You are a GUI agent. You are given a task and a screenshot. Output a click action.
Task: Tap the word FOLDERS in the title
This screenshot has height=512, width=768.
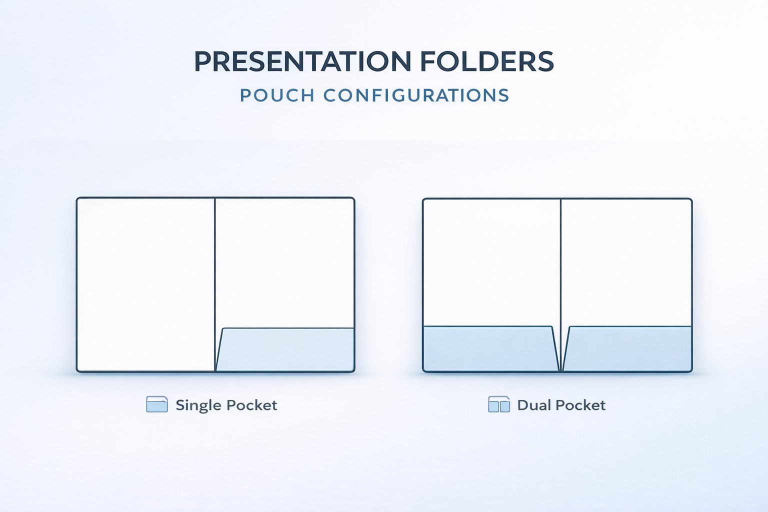pyautogui.click(x=487, y=61)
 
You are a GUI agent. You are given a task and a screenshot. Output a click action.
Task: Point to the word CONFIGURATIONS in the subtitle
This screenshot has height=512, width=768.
pyautogui.click(x=416, y=95)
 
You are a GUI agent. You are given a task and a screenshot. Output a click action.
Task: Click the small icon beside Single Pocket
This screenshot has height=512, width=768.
pyautogui.click(x=157, y=404)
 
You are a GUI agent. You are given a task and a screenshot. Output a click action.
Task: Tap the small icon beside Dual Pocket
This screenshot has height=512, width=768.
pyautogui.click(x=499, y=404)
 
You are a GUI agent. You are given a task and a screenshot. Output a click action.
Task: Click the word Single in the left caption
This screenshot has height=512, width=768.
pyautogui.click(x=198, y=406)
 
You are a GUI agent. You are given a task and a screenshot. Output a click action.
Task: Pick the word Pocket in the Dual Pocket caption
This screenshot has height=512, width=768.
pyautogui.click(x=580, y=405)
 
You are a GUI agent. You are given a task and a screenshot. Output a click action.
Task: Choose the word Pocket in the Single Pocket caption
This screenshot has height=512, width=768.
pyautogui.click(x=251, y=405)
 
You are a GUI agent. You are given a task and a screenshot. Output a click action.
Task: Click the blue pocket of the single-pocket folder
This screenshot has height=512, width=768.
pyautogui.click(x=285, y=349)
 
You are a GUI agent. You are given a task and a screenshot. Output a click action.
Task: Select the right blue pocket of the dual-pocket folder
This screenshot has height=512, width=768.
pyautogui.click(x=627, y=349)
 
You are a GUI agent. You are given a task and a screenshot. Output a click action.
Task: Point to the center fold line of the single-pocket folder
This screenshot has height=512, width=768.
pyautogui.click(x=215, y=284)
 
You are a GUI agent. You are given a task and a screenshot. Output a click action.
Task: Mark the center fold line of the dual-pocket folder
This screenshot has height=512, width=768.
pyautogui.click(x=561, y=284)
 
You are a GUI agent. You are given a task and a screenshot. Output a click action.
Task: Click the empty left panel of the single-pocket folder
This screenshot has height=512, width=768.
pyautogui.click(x=145, y=284)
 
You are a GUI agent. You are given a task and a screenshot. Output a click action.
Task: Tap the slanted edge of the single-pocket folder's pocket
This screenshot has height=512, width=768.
pyautogui.click(x=219, y=349)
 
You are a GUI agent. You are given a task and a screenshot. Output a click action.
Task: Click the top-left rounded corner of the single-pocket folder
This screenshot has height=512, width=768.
pyautogui.click(x=78, y=199)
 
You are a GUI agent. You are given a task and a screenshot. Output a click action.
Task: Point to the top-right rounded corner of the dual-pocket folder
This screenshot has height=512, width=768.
pyautogui.click(x=690, y=200)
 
